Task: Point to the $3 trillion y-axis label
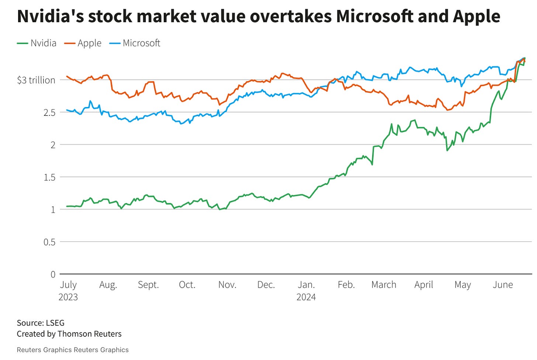36,80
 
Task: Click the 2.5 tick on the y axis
49,112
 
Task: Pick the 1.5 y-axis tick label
49,177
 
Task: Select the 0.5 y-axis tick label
49,242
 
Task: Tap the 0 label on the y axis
53,274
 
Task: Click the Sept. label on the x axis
148,285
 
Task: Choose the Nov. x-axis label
227,285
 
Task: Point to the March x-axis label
384,285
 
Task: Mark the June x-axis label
503,285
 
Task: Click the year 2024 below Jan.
306,297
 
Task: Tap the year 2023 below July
68,297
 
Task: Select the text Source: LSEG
41,323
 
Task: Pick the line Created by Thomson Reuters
69,334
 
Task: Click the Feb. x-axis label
346,285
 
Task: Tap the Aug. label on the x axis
108,285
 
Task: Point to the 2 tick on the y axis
53,145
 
